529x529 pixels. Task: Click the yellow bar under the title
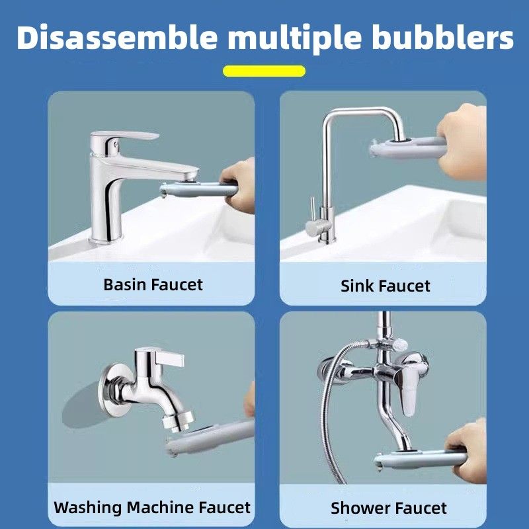pyautogui.click(x=264, y=71)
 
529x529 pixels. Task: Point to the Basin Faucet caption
pyautogui.click(x=153, y=284)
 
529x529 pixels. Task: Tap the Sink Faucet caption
pyautogui.click(x=386, y=286)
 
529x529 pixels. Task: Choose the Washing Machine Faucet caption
pyautogui.click(x=152, y=507)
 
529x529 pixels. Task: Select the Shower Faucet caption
pyautogui.click(x=389, y=508)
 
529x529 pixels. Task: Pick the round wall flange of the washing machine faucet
pyautogui.click(x=113, y=389)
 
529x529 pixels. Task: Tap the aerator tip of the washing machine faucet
pyautogui.click(x=178, y=421)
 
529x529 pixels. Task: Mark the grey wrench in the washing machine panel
pyautogui.click(x=210, y=437)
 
